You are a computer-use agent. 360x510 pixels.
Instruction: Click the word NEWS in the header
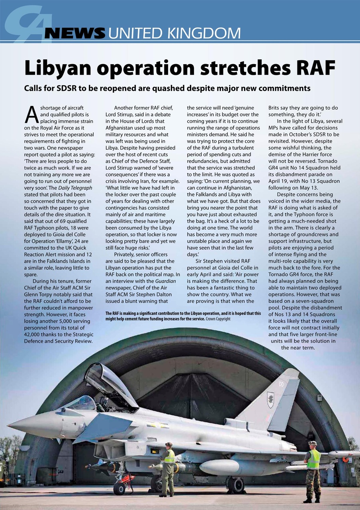[x=75, y=33]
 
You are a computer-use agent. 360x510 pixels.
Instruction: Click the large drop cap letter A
[x=31, y=114]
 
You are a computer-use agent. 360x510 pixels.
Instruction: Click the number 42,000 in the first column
[x=35, y=334]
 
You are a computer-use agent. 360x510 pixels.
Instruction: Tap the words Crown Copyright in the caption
[x=218, y=319]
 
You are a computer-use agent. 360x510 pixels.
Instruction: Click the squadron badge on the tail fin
[x=270, y=400]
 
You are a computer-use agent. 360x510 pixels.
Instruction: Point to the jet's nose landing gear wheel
[x=119, y=488]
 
